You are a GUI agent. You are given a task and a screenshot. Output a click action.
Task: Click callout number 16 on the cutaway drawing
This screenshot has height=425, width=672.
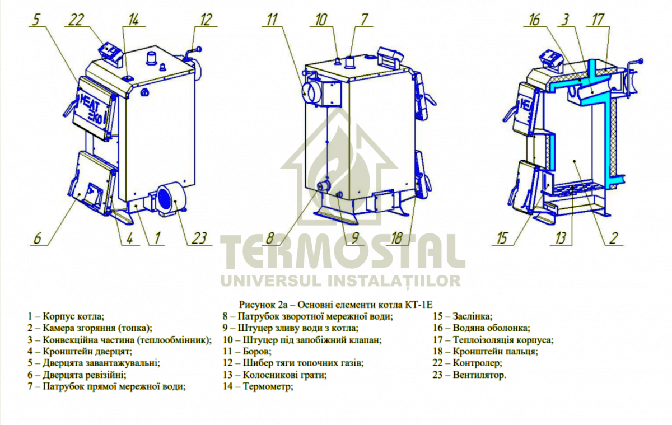tap(534, 21)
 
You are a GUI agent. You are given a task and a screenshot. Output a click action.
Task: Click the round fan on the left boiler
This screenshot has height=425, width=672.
tap(166, 199)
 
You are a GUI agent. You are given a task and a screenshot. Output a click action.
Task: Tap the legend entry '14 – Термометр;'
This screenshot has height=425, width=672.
tap(258, 386)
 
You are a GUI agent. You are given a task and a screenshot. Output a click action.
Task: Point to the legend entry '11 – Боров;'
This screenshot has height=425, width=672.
tap(247, 351)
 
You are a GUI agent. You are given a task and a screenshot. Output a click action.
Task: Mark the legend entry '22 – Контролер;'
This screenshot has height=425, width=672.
tap(468, 363)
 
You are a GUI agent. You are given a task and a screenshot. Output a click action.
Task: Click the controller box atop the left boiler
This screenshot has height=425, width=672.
tap(110, 52)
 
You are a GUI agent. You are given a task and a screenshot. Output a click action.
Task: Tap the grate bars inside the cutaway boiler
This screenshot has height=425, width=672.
tap(574, 186)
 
